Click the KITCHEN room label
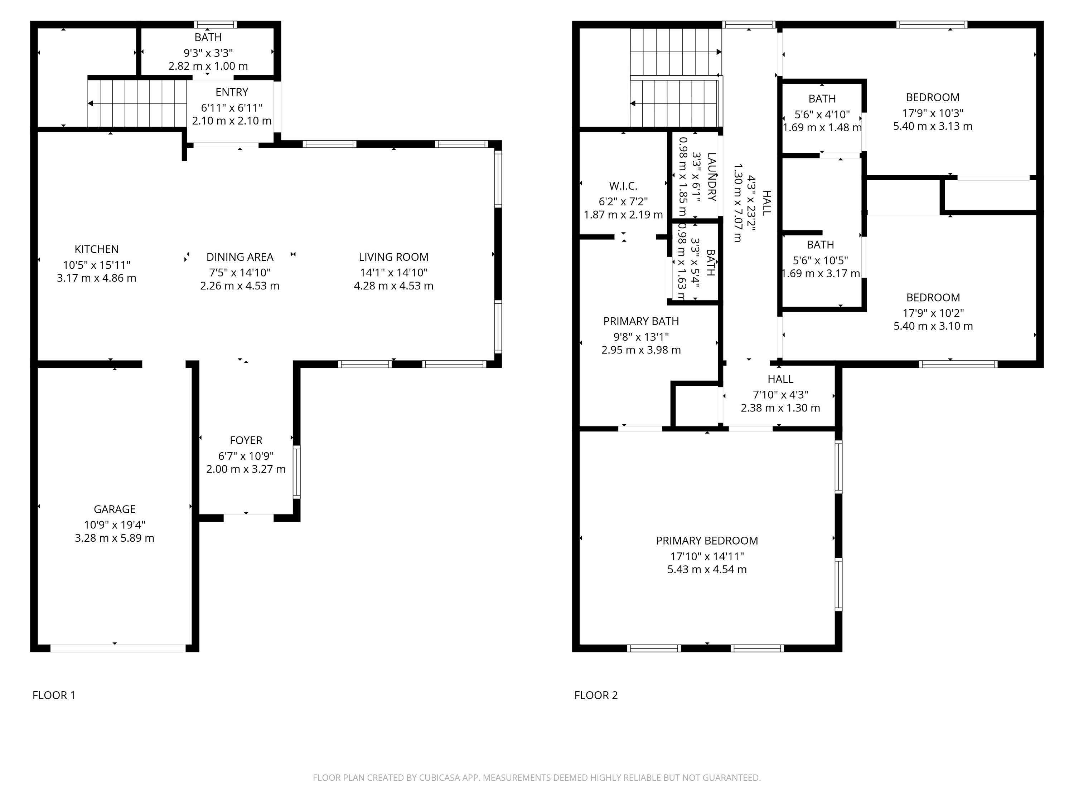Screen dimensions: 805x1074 click(x=96, y=249)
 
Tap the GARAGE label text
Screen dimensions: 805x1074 click(x=115, y=509)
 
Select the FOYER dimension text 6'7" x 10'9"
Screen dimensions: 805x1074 click(x=246, y=456)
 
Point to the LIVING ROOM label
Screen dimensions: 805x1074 click(x=393, y=257)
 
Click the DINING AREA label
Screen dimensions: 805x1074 click(x=240, y=257)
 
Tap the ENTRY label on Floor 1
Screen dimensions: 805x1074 click(x=232, y=92)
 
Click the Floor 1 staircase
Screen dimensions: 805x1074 click(x=137, y=103)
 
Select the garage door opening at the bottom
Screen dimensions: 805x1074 click(x=118, y=648)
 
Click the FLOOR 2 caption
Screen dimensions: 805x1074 click(x=596, y=695)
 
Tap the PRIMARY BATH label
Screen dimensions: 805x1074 click(x=641, y=321)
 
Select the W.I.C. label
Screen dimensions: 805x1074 click(x=623, y=186)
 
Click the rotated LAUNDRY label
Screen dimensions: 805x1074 click(x=712, y=177)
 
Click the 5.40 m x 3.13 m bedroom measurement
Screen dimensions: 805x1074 click(x=932, y=126)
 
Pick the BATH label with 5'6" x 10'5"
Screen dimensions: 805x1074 click(x=820, y=245)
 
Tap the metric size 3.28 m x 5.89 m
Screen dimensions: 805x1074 click(x=115, y=538)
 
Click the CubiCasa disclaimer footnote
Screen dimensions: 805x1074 click(x=537, y=778)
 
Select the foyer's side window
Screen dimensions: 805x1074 click(x=296, y=472)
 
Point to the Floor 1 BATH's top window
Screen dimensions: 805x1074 click(x=215, y=25)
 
